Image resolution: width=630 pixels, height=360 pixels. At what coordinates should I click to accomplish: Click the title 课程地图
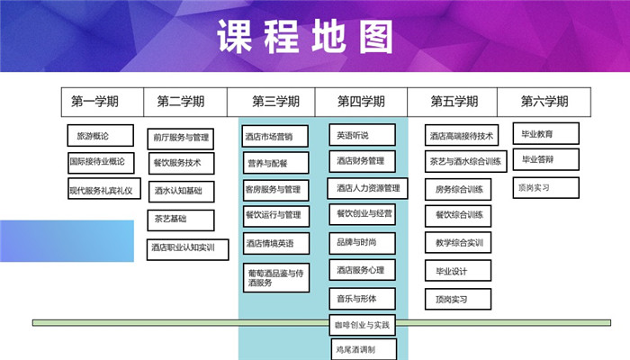tap(305, 37)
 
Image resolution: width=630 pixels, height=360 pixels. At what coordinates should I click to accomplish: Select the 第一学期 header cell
tap(95, 102)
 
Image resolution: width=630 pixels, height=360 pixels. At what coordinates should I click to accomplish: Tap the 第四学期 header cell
tap(361, 102)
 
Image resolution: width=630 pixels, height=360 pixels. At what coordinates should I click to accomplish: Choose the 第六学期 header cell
tap(544, 102)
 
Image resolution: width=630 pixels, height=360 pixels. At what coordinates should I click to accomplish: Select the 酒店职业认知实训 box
tap(183, 248)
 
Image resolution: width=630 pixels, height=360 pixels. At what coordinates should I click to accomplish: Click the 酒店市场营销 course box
tap(274, 138)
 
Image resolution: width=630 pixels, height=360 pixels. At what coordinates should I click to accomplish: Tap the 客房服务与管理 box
tap(274, 190)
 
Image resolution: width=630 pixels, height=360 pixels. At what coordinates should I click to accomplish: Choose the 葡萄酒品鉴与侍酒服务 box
tap(274, 276)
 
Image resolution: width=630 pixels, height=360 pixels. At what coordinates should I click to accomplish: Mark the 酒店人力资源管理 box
tap(367, 188)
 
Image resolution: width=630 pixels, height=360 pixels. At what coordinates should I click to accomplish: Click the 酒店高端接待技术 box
tap(461, 137)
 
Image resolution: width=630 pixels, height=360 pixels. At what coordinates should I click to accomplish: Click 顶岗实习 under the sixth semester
tap(534, 188)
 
